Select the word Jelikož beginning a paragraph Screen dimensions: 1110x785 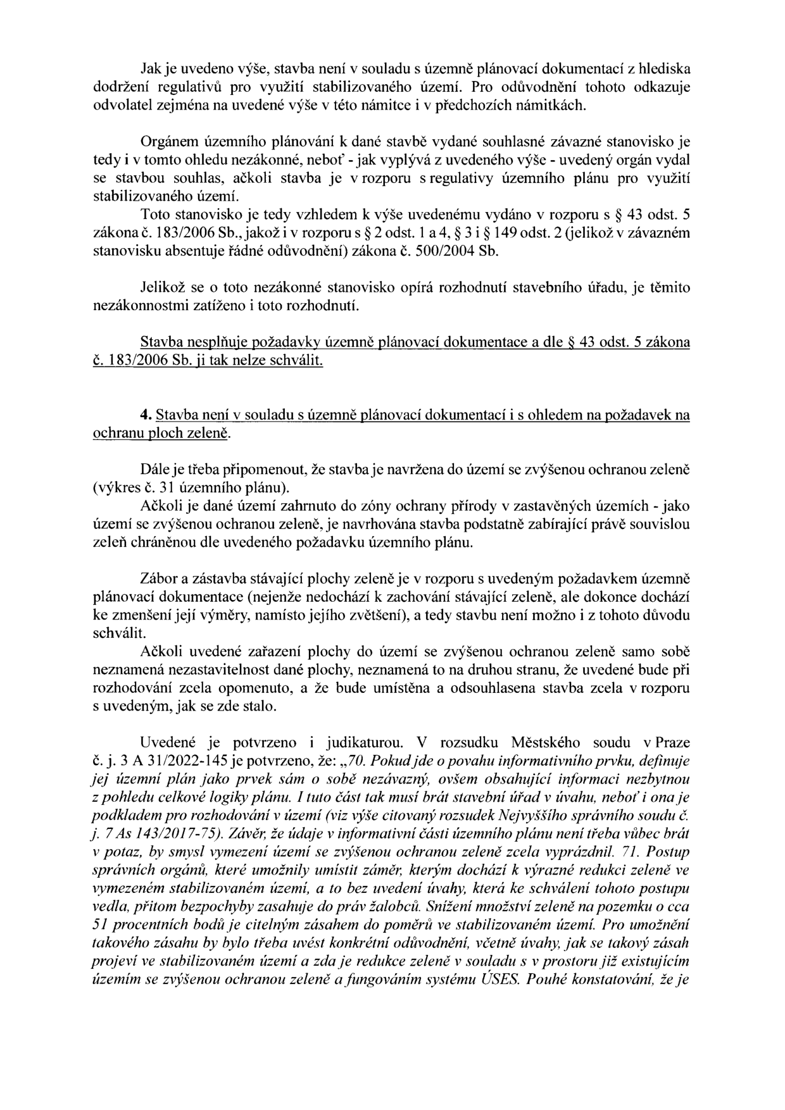click(161, 288)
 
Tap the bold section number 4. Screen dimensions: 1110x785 click(144, 416)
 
